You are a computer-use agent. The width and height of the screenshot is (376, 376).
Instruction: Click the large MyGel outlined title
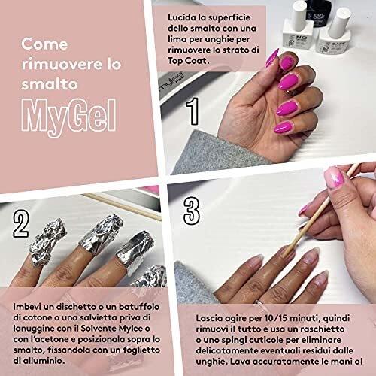[x=68, y=117]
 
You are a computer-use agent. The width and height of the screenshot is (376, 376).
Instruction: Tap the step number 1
[x=193, y=111]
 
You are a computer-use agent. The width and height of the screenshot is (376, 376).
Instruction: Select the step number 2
[x=21, y=223]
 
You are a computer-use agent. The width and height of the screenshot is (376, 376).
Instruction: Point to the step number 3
[x=192, y=211]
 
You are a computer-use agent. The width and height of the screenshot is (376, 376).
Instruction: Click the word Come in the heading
[x=44, y=44]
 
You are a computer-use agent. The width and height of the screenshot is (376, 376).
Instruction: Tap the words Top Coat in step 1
[x=188, y=61]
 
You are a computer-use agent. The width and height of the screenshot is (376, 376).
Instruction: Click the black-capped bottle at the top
[x=318, y=14]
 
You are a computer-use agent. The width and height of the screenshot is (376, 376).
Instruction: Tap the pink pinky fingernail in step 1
[x=284, y=127]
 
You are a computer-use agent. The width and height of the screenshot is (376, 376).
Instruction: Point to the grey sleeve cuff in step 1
[x=216, y=152]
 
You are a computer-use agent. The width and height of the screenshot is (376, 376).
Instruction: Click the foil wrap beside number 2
[x=47, y=241]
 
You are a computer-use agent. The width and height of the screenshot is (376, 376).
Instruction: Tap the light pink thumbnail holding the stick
[x=335, y=178]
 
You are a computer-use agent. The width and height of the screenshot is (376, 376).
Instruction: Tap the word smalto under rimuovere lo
[x=50, y=84]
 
